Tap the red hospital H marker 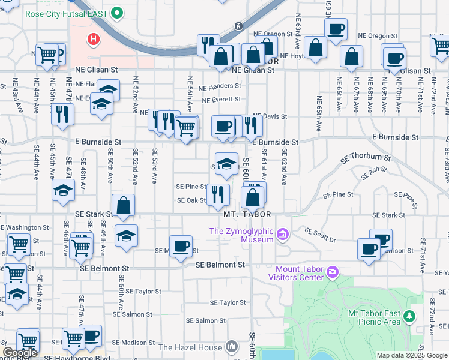[x=93, y=40]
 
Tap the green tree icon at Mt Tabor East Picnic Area [x=410, y=316]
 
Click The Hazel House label [x=190, y=347]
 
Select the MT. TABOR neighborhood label [x=243, y=214]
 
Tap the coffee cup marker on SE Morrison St [x=181, y=246]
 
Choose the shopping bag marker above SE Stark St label [x=123, y=205]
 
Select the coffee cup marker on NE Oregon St [x=336, y=28]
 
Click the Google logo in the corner [x=20, y=353]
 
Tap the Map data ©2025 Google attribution [x=411, y=355]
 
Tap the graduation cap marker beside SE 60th [x=226, y=164]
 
